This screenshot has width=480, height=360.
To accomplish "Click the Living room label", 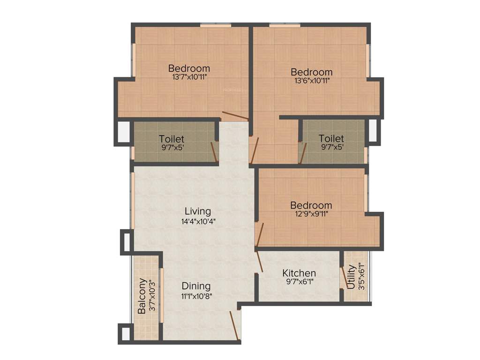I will (x=197, y=211).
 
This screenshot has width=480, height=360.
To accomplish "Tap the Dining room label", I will (x=196, y=286).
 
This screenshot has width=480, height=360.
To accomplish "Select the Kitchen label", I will (x=299, y=273).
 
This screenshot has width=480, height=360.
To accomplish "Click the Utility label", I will (x=351, y=277).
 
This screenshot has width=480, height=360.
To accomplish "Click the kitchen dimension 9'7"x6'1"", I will (x=299, y=282).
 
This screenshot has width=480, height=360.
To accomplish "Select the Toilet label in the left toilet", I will (x=171, y=139).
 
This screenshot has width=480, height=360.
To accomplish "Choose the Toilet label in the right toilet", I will (x=331, y=139).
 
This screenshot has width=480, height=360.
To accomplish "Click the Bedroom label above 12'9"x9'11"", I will (x=311, y=205).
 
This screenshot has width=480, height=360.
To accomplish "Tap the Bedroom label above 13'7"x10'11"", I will (x=189, y=68).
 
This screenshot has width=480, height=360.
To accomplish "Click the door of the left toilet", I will (x=214, y=152).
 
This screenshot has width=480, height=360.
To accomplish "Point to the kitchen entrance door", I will (x=259, y=261).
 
